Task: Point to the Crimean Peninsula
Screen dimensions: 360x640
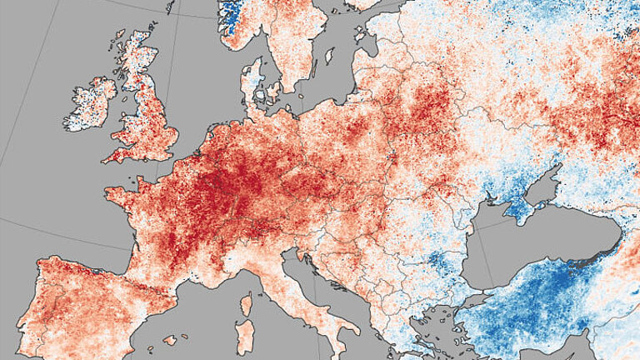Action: (522, 207)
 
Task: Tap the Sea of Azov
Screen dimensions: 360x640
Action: (546, 190)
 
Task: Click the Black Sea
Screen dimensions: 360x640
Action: (533, 242)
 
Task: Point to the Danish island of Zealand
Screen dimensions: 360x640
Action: (272, 91)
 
